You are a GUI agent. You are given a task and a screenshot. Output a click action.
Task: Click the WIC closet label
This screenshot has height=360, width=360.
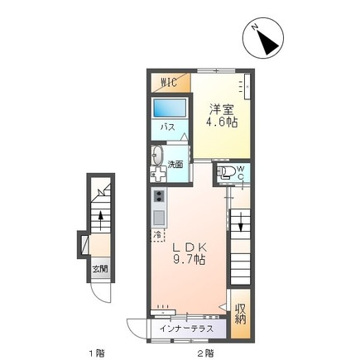(169, 83)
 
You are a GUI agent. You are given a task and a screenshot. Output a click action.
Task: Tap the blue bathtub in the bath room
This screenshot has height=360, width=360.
(170, 108)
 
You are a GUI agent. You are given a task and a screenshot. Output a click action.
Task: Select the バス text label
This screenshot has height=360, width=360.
(168, 127)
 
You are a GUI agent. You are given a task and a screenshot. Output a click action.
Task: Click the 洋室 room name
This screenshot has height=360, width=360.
(221, 109)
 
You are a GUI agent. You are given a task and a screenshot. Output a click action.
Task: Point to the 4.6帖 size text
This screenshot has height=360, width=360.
(222, 122)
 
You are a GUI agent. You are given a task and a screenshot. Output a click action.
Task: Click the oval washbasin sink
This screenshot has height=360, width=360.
(157, 156)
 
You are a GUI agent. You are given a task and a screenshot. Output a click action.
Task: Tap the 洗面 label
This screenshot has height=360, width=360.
(175, 165)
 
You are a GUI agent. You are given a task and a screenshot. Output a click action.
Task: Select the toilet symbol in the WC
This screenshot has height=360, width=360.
(225, 172)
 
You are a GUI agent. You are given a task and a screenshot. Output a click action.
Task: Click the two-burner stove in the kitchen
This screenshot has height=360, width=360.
(159, 196)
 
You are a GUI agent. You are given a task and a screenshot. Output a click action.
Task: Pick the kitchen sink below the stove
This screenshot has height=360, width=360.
(159, 218)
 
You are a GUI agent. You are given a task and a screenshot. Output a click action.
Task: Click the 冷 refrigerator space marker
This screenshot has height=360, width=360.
(158, 235)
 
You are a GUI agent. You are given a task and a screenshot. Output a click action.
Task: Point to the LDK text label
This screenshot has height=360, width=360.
(190, 247)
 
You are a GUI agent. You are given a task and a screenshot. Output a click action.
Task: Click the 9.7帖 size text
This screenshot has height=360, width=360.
(189, 259)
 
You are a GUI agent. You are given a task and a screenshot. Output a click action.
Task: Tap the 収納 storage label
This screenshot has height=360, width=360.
(240, 314)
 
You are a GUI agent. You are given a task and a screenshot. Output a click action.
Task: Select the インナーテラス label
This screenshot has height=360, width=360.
(187, 329)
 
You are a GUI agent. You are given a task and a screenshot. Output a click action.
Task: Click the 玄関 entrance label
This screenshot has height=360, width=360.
(100, 269)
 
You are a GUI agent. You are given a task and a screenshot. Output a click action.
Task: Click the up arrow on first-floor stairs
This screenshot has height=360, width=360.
(101, 220)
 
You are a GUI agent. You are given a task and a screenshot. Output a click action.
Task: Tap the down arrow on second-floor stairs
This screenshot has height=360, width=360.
(241, 222)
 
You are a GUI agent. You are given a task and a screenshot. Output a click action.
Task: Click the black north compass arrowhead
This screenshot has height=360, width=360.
(266, 42)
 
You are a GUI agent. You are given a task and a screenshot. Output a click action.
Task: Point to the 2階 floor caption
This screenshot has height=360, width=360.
(205, 353)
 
